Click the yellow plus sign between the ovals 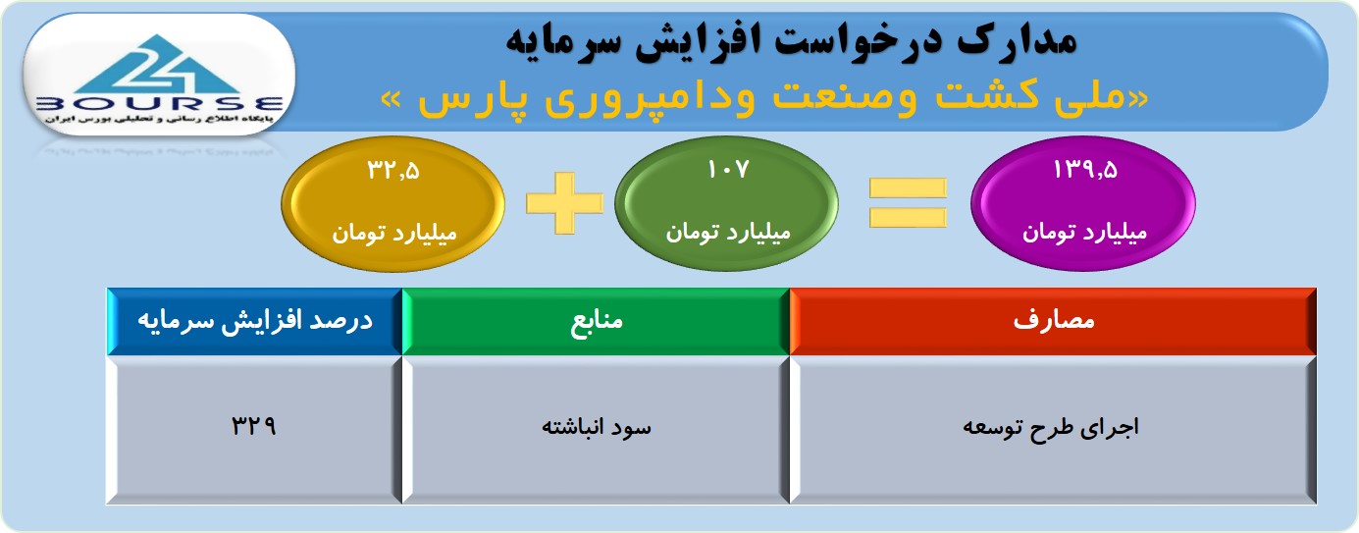coord(564,203)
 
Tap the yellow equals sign coord(908,203)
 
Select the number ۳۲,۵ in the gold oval coord(393,171)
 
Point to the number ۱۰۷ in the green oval coord(728,170)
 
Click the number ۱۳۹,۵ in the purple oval coord(1085,170)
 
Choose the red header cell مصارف coord(1053,321)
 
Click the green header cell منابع coord(596,321)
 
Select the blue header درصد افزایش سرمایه coord(255,321)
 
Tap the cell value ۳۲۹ coord(254,426)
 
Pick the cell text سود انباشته coord(597,427)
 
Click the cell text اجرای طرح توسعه coord(1051,428)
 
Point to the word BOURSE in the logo coord(160,104)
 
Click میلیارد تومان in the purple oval coord(1085,232)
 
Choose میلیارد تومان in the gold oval coord(394,233)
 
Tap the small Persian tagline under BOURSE coord(159,119)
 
